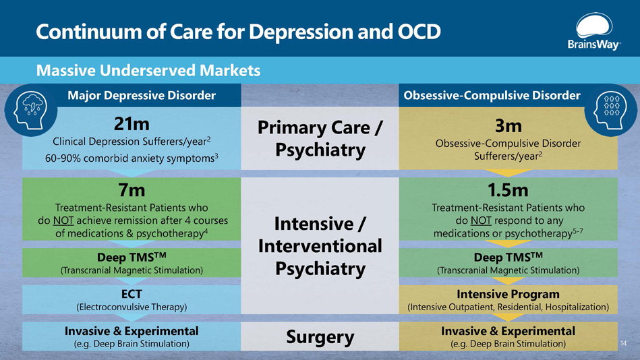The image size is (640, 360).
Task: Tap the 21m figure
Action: coord(132,125)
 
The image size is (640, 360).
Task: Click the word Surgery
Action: coord(320,336)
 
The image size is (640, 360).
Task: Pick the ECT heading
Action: coord(132,294)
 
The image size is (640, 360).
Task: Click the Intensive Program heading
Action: coord(508,294)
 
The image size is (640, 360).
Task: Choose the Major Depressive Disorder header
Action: coord(141,96)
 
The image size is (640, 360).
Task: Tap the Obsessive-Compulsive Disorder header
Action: coord(491,96)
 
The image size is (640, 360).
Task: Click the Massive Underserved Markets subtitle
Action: coord(148,70)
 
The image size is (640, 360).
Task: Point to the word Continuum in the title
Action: coord(80,31)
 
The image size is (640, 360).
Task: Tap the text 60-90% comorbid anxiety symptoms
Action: coord(131,158)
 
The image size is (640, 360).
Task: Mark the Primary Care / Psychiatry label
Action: coord(320,138)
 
